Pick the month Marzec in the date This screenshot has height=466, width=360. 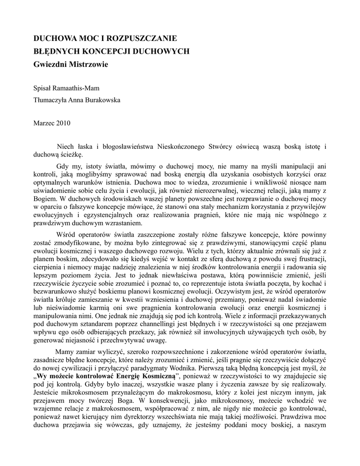point(45,123)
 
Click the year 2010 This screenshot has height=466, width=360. point(63,123)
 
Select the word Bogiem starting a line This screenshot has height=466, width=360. point(44,198)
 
